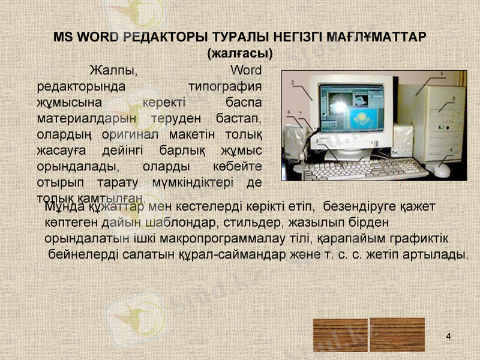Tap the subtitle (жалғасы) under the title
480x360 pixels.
(x=239, y=53)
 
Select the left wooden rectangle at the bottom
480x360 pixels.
(x=340, y=334)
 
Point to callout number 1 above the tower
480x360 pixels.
(x=442, y=74)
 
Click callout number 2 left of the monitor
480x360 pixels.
(x=292, y=82)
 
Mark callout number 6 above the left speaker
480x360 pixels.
(x=289, y=112)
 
